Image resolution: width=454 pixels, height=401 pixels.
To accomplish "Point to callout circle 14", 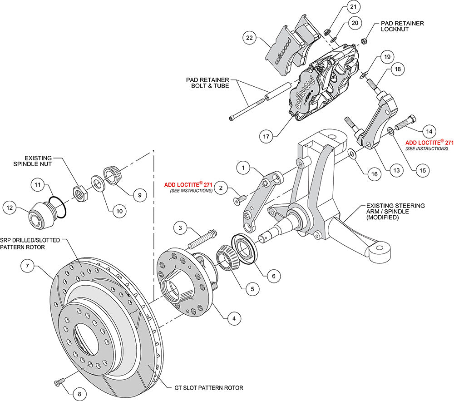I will (429, 131).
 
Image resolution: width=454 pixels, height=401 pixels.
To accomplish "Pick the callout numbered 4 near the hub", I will (234, 318).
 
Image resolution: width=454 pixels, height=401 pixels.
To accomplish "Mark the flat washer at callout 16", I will (352, 155).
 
